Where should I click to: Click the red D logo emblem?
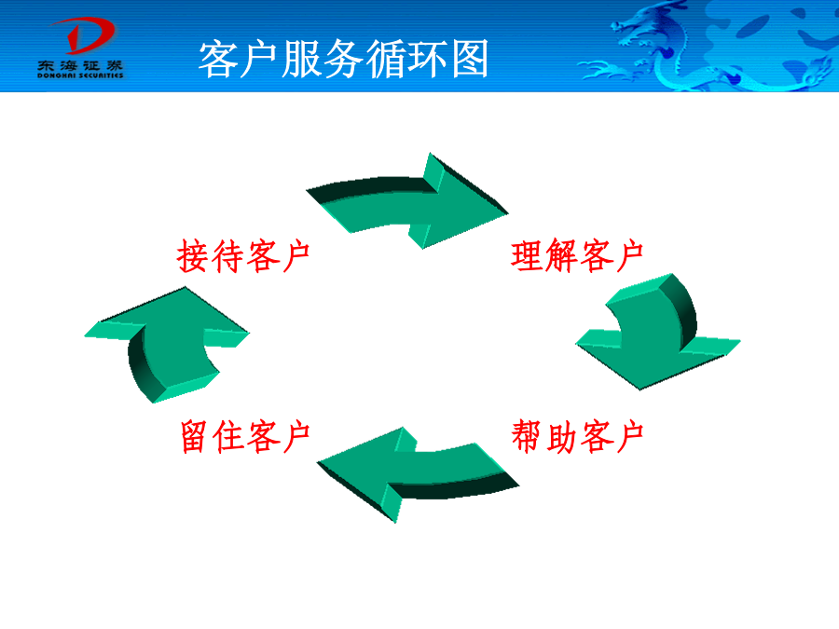(84, 35)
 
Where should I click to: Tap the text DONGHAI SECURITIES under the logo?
(80, 75)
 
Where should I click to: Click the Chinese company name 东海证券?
(80, 66)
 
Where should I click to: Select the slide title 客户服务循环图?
(343, 59)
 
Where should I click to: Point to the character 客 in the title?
(218, 59)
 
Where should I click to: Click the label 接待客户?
(243, 256)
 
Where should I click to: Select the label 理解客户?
(577, 255)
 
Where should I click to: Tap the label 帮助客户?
(577, 436)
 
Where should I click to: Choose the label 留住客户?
(245, 436)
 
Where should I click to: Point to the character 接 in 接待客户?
(193, 256)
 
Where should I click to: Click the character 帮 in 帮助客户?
(527, 436)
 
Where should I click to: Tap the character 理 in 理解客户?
(527, 255)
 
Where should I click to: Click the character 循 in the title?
(385, 59)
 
